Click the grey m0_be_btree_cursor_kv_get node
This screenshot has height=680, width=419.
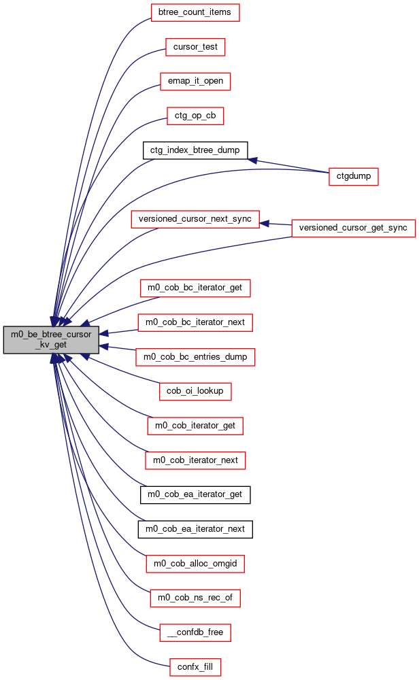[51, 339]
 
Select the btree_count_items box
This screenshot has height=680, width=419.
[195, 12]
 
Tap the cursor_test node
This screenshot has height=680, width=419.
[195, 47]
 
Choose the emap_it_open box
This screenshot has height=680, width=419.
[195, 81]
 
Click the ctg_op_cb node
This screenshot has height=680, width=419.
[195, 116]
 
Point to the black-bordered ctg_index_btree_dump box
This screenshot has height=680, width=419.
[195, 150]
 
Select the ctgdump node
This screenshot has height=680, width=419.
[354, 177]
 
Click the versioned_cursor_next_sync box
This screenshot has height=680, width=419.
[195, 219]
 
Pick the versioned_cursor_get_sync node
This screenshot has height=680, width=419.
[354, 228]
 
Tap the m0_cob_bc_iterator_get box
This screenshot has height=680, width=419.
[195, 288]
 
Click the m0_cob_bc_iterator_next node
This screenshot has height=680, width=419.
[195, 322]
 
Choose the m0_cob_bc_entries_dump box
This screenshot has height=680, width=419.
[195, 357]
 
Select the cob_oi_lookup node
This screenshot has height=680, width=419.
[195, 391]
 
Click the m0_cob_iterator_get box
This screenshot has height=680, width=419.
[195, 426]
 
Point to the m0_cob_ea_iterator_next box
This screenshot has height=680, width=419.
[195, 529]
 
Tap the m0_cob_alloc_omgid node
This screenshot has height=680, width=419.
[195, 564]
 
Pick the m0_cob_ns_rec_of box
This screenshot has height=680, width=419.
[195, 598]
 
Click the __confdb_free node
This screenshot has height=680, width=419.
[195, 632]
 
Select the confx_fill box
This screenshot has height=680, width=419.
[195, 667]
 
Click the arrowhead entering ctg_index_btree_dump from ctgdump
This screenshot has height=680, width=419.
[252, 160]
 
